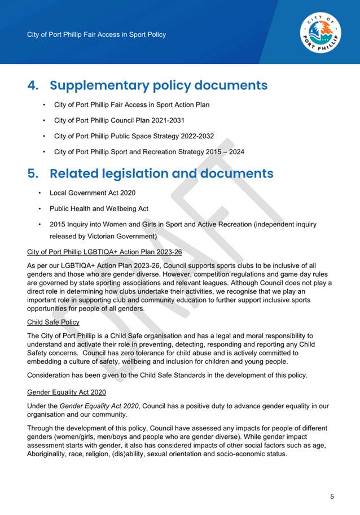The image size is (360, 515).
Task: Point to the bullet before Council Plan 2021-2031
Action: click(x=44, y=120)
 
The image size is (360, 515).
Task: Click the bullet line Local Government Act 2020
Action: click(x=93, y=193)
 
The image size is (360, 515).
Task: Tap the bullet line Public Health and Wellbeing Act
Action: click(x=99, y=208)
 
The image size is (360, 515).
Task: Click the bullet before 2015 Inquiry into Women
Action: click(x=39, y=224)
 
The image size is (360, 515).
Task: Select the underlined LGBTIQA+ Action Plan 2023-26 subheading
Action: click(x=104, y=251)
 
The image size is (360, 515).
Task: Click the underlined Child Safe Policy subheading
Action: click(x=53, y=322)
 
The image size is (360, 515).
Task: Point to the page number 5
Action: click(x=332, y=497)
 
